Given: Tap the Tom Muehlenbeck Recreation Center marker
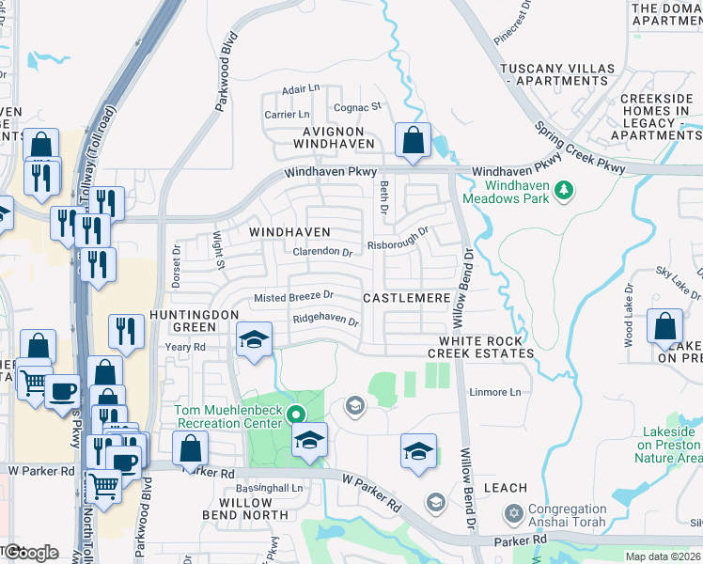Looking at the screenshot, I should coord(297,414).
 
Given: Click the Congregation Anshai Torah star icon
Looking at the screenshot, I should coord(513,513).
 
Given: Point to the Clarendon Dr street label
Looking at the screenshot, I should coord(322,252).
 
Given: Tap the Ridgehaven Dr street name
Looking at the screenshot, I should coord(326,320).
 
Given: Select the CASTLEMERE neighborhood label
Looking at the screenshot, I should coord(407,297).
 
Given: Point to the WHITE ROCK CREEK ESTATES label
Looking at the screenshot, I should coord(481,346).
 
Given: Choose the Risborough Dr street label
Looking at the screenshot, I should coord(398,243).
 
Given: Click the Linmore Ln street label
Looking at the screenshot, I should coord(494,392).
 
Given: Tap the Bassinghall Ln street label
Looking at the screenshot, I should coord(270,489).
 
